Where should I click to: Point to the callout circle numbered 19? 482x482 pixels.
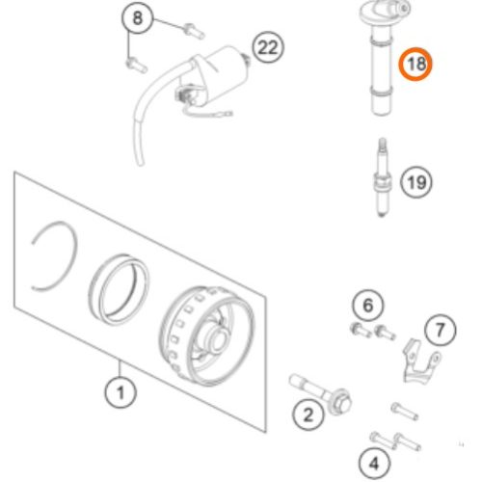(x=416, y=180)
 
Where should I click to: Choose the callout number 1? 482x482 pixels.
(x=120, y=392)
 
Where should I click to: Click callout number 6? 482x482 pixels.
(x=367, y=308)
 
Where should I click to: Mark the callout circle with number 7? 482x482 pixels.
(x=441, y=332)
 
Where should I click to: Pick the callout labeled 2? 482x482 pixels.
(x=308, y=416)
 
